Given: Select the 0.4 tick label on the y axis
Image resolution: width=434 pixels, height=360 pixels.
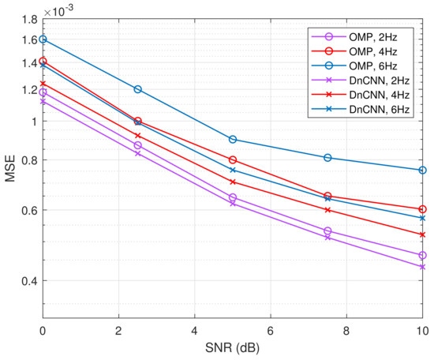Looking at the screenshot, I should tap(27, 280).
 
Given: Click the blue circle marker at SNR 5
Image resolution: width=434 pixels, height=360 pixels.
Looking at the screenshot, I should tap(233, 139).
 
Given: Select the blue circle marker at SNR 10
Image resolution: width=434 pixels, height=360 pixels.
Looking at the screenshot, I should tap(422, 171).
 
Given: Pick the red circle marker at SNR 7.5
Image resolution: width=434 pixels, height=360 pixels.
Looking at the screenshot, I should tap(327, 196).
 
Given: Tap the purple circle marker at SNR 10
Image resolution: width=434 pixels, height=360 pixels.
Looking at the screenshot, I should tap(422, 255).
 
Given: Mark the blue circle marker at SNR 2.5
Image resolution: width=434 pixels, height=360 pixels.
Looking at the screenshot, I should tap(138, 89).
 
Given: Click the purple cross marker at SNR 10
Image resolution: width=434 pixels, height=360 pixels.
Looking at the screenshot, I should tap(422, 267).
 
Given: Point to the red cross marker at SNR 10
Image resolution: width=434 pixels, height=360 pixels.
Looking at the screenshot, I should tap(422, 234).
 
